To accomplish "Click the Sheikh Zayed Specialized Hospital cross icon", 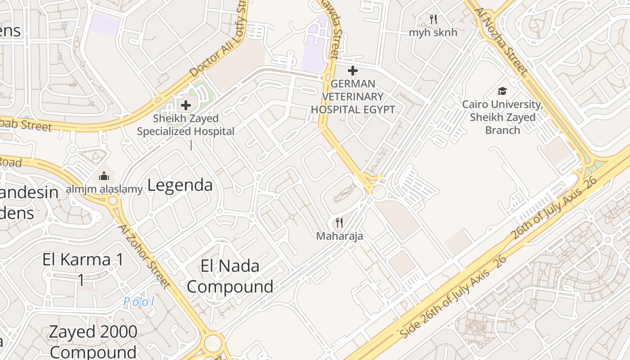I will pyautogui.click(x=185, y=106).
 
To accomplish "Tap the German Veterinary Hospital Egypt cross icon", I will pyautogui.click(x=353, y=71).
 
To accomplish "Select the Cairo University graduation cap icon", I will pyautogui.click(x=502, y=91).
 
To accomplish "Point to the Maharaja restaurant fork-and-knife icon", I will pyautogui.click(x=339, y=222).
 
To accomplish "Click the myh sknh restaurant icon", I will pyautogui.click(x=433, y=19).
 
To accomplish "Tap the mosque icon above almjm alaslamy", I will pyautogui.click(x=104, y=175).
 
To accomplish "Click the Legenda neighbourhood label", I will pyautogui.click(x=180, y=185).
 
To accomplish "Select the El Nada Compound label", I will pyautogui.click(x=230, y=276).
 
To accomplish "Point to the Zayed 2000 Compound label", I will pyautogui.click(x=93, y=342).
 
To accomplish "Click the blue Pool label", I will pyautogui.click(x=139, y=301).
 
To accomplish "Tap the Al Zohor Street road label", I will pyautogui.click(x=144, y=255).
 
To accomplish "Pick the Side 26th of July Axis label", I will pyautogui.click(x=453, y=297).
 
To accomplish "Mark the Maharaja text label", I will pyautogui.click(x=339, y=236).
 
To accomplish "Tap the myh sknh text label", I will pyautogui.click(x=433, y=32).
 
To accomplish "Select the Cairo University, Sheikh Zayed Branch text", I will pyautogui.click(x=503, y=117).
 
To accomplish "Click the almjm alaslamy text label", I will pyautogui.click(x=104, y=189).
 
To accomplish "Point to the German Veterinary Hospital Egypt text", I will pyautogui.click(x=353, y=96).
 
